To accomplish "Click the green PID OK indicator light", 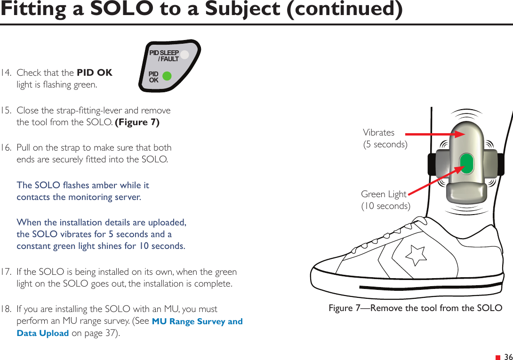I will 166,76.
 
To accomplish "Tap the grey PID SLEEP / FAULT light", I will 184,55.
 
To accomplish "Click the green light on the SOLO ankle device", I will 466,163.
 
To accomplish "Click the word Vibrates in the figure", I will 378,133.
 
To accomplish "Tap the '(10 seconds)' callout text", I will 385,206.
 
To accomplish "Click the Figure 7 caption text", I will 415,308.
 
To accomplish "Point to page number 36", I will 508,357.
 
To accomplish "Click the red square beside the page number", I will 498,358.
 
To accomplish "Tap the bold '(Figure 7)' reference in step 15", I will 137,122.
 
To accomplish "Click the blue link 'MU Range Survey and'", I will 197,322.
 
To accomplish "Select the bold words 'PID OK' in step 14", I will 94,73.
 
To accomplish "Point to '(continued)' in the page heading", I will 345,10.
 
